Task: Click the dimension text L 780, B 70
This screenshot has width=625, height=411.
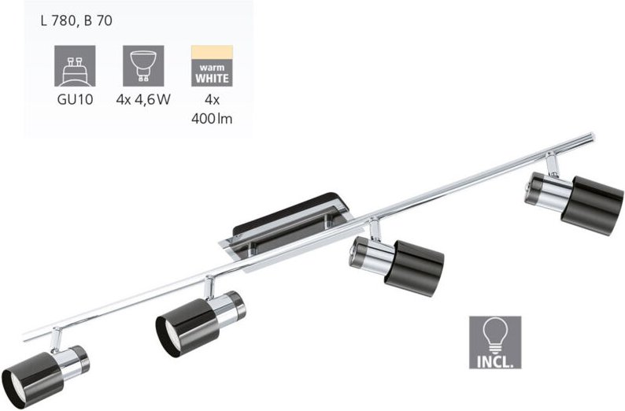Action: tap(76, 20)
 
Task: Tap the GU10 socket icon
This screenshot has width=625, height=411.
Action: tap(75, 66)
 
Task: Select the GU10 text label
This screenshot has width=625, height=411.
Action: tap(75, 99)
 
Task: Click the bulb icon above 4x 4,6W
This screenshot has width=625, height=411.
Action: tap(143, 66)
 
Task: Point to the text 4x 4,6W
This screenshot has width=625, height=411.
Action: tap(143, 99)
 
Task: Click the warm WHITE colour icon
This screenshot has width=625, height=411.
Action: tap(212, 66)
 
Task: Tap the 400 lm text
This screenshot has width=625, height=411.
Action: tap(212, 119)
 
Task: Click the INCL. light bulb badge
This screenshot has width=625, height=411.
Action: tap(495, 342)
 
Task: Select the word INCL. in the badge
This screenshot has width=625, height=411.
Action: tap(495, 361)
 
